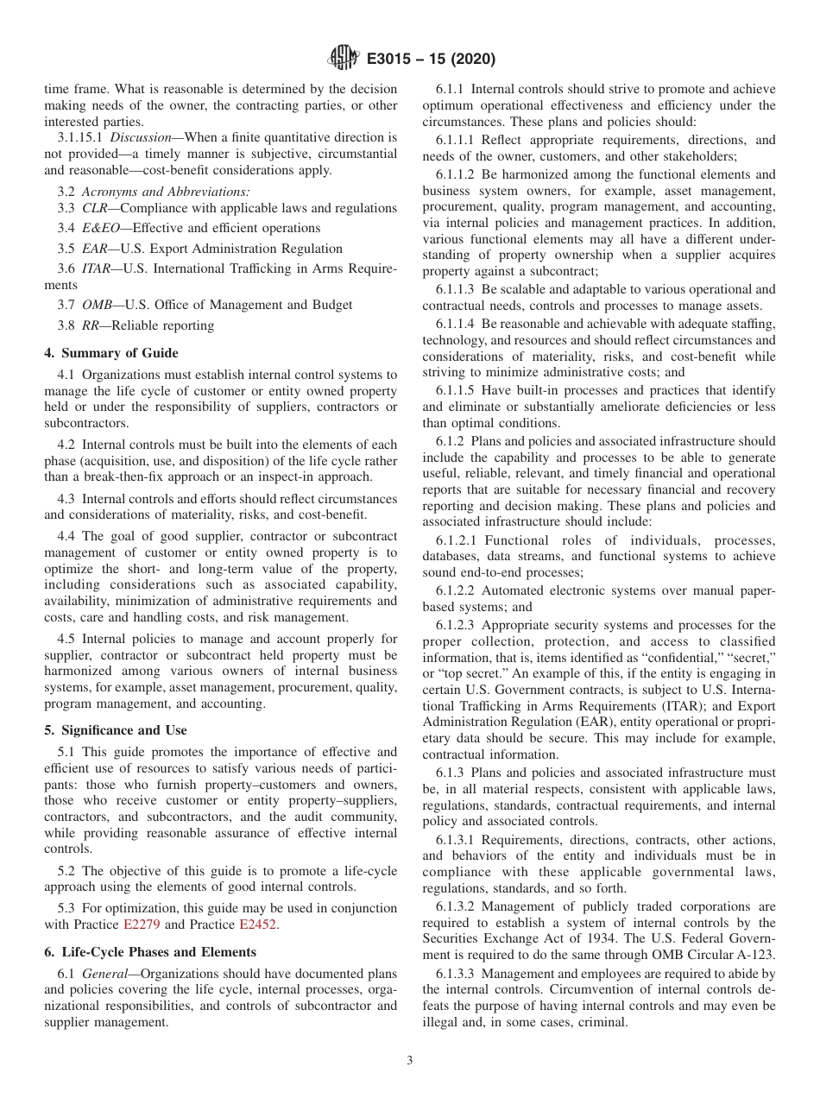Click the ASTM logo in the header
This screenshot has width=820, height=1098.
click(344, 60)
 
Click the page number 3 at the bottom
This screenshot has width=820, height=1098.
click(409, 1061)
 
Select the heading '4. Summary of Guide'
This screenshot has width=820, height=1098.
click(111, 352)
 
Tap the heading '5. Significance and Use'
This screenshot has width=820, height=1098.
click(115, 729)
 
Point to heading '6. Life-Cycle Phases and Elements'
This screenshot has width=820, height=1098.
click(150, 952)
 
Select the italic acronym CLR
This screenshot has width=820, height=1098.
click(96, 208)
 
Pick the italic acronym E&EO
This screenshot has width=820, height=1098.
click(102, 228)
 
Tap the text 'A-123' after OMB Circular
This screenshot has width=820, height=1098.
click(756, 955)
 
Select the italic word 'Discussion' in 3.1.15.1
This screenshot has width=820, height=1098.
click(142, 137)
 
